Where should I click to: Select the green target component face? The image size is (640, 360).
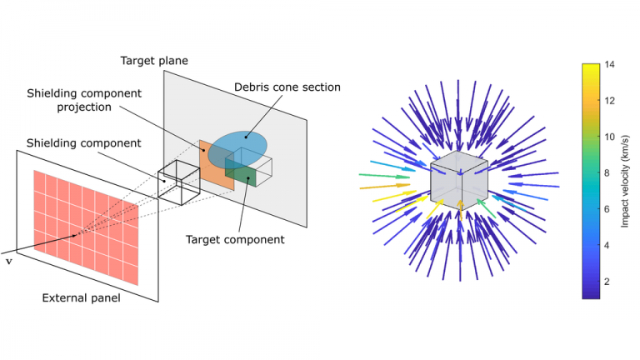(241, 174)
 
